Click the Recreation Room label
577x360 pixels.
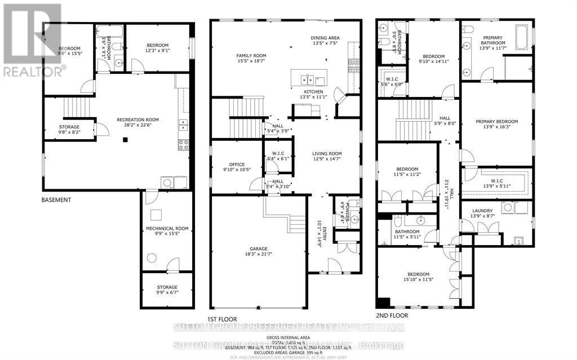click(137, 119)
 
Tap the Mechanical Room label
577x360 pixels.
click(167, 228)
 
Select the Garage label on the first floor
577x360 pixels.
click(259, 248)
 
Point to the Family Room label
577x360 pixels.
click(251, 56)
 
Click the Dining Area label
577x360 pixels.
click(326, 38)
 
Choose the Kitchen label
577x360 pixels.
click(314, 91)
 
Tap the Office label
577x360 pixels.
click(233, 165)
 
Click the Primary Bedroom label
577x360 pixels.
click(496, 121)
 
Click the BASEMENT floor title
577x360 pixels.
click(56, 200)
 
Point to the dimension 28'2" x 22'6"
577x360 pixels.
click(137, 126)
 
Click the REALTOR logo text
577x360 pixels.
click(34, 72)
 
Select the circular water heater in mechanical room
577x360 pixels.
click(152, 258)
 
